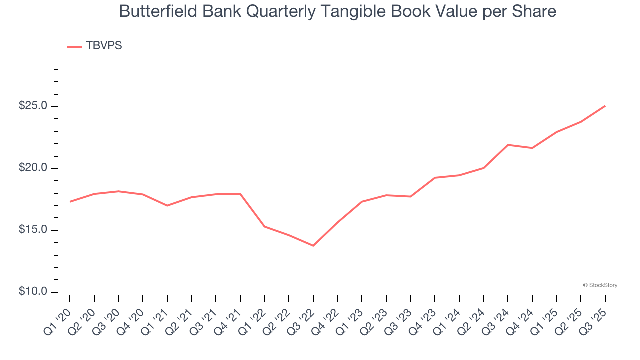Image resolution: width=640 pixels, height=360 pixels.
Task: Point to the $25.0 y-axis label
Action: (33, 106)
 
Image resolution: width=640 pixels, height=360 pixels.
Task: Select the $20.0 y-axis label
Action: (33, 168)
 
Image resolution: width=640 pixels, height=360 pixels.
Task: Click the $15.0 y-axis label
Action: (33, 230)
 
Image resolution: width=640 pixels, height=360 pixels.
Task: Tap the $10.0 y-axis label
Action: (33, 292)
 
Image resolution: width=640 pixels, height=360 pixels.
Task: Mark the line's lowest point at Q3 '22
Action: (313, 246)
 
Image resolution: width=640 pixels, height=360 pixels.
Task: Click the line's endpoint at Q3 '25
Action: (605, 106)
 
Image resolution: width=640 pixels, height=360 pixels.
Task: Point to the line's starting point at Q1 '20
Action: (70, 202)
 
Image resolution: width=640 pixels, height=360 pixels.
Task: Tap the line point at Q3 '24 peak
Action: (508, 145)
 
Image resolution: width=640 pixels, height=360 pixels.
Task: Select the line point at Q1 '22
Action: (264, 226)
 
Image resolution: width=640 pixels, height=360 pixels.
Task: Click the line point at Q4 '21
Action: (240, 194)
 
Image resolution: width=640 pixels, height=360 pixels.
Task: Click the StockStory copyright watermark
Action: (600, 285)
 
